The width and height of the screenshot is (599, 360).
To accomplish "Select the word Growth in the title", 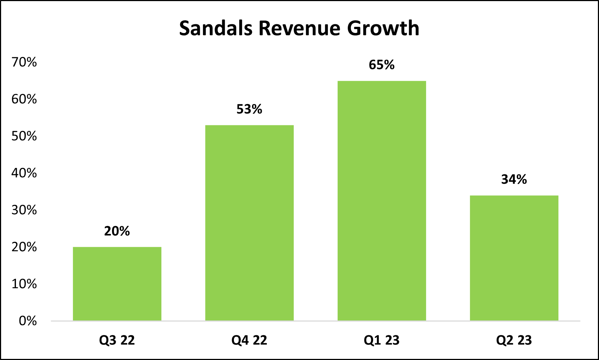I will coord(383,28).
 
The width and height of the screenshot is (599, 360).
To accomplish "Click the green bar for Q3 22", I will coord(117,284).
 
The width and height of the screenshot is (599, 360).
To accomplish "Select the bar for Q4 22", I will coord(249,223).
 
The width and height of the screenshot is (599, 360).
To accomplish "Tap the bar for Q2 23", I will coord(514,258).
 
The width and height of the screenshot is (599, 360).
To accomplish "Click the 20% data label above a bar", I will coord(117,231).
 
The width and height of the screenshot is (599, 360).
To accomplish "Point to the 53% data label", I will coord(249,109).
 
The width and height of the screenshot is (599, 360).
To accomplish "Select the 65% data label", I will coord(382,65).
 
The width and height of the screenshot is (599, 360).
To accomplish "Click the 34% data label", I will coord(514,179).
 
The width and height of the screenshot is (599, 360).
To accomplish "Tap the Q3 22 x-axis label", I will coord(117,340).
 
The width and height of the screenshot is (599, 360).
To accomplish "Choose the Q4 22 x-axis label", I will coord(249,340).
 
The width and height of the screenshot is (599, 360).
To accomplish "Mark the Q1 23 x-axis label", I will coord(382,340).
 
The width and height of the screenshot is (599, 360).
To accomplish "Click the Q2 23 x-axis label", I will coord(514,340).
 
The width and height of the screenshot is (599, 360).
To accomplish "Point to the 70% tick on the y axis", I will coord(24,62).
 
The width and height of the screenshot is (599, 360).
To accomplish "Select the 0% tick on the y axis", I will coord(28,321).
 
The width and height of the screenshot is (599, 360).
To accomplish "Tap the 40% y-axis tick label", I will coord(24,173).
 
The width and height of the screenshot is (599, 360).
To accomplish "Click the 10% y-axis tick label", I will coord(24,284).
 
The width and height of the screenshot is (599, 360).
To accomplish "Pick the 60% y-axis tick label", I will coord(24,99).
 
